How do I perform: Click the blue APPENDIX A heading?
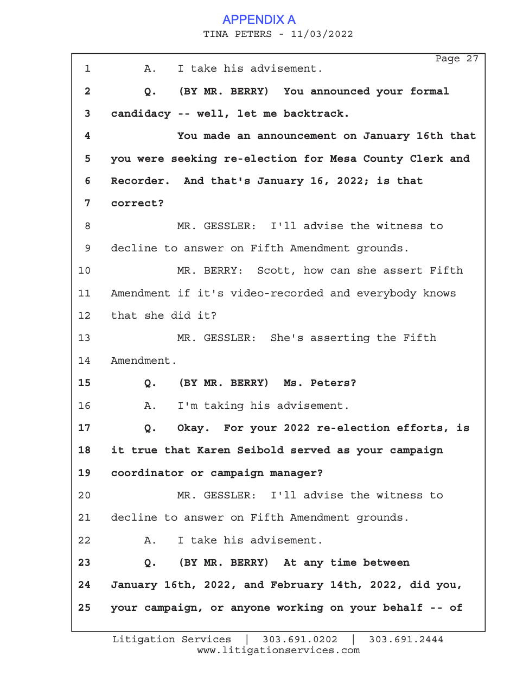pos(259,20)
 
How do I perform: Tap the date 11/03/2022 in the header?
pos(322,34)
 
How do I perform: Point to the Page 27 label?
pos(456,59)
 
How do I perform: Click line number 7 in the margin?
pos(87,203)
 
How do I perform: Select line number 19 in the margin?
pos(84,473)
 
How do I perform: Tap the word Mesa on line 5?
pos(343,159)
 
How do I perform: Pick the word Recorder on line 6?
pos(139,181)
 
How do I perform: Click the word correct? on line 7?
pos(137,203)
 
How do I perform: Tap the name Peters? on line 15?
pos(333,383)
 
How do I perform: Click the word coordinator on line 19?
pos(147,473)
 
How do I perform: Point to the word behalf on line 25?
pos(403,608)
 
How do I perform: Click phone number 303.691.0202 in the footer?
pos(300,640)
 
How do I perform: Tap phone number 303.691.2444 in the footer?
pos(406,640)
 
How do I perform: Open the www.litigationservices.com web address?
pos(278,650)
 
